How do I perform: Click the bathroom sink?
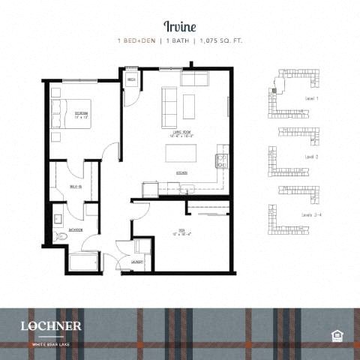coord(58,219)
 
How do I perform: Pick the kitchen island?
coord(182,153)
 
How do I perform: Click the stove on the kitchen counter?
coord(222,160)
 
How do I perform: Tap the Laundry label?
coord(137,262)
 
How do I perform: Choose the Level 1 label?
coord(312,98)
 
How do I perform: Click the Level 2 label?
coord(312,157)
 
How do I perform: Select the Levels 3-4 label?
coord(313,215)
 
